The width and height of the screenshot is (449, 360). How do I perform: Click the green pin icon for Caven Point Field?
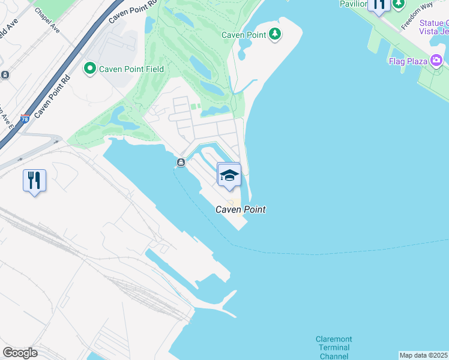click(91, 69)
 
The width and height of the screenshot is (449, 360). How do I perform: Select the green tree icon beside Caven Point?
click(275, 34)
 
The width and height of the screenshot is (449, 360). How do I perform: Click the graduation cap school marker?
click(229, 175)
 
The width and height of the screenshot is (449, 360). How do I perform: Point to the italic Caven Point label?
click(241, 209)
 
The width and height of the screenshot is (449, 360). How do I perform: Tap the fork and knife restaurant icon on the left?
click(34, 180)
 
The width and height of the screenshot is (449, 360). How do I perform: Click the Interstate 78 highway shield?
click(25, 119)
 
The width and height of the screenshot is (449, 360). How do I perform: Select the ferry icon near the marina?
click(181, 163)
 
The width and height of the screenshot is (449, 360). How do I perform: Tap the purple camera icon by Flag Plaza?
click(436, 60)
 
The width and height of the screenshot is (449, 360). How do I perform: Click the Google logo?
click(20, 352)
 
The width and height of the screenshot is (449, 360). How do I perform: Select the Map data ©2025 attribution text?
click(423, 355)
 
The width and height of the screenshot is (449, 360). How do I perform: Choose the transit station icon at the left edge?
click(4, 74)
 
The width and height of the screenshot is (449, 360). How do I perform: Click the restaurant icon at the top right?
click(379, 5)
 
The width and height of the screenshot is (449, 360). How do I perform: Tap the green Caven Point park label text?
click(244, 35)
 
